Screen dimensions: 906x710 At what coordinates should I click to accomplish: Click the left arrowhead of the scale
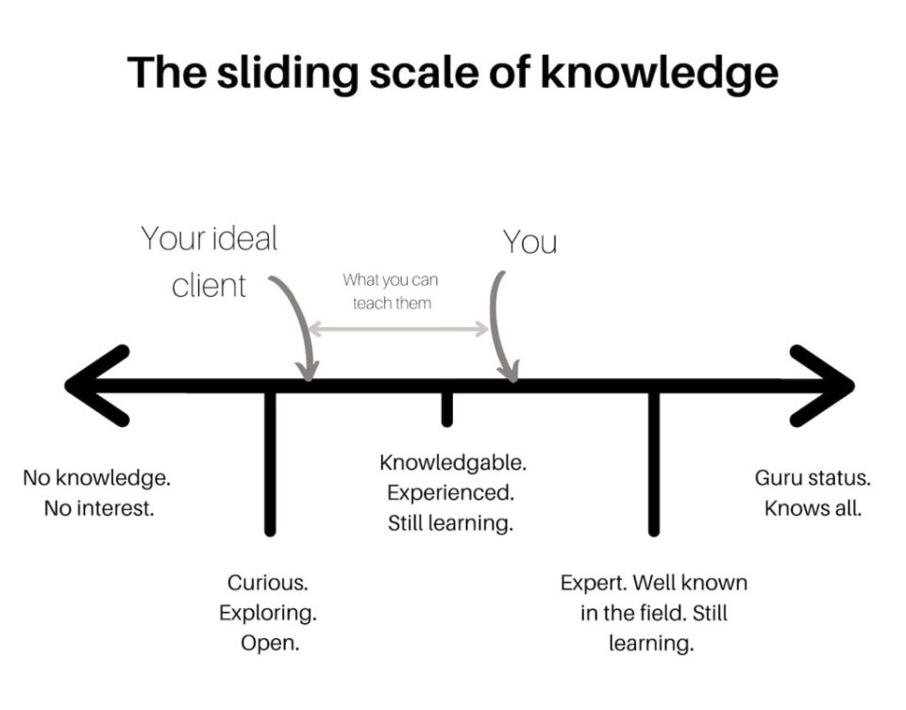click(x=94, y=385)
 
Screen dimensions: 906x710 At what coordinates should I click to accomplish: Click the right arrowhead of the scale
click(x=824, y=385)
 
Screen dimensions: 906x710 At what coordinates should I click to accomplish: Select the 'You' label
click(x=529, y=242)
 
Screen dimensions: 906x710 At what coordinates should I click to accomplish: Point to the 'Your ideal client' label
click(x=210, y=260)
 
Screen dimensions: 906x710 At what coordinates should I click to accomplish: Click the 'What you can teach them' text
click(x=391, y=291)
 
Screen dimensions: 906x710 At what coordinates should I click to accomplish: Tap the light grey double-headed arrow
click(x=398, y=329)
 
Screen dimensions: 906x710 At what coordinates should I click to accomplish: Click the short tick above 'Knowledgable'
click(x=446, y=406)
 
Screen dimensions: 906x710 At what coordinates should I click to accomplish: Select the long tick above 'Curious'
click(x=270, y=462)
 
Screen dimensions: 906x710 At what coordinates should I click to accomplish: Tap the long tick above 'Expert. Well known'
click(x=653, y=462)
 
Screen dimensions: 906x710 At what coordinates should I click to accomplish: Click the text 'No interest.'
click(x=98, y=508)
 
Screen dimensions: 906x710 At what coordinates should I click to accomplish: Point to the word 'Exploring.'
click(x=268, y=613)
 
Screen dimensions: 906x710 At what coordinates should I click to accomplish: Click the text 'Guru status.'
click(x=813, y=478)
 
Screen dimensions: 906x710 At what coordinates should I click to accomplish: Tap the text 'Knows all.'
click(x=813, y=508)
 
